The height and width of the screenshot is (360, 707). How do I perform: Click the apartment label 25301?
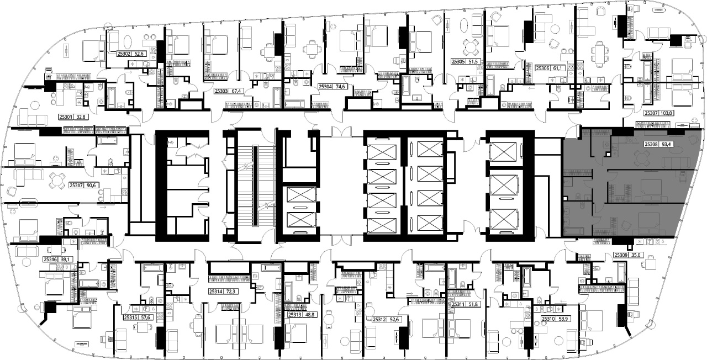(x=66, y=117)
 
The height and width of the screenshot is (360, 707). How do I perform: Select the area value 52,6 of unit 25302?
(x=139, y=54)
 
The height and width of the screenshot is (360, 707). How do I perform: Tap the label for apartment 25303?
(x=221, y=91)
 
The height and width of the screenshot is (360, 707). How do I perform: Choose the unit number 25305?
(x=458, y=62)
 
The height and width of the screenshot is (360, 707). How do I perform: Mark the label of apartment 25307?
(x=651, y=113)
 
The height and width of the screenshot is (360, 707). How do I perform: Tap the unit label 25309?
(x=620, y=255)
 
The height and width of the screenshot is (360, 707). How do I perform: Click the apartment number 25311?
(x=458, y=304)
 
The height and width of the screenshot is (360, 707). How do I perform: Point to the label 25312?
(x=379, y=320)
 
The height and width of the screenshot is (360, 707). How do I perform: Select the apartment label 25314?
(x=215, y=292)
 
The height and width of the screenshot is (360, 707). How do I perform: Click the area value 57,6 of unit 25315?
(x=145, y=317)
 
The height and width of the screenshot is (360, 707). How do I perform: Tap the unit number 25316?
(x=50, y=260)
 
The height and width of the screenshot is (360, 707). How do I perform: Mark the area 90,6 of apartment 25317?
(x=91, y=185)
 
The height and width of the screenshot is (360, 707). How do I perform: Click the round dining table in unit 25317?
(x=56, y=181)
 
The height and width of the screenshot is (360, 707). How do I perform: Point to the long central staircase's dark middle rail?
(x=255, y=186)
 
